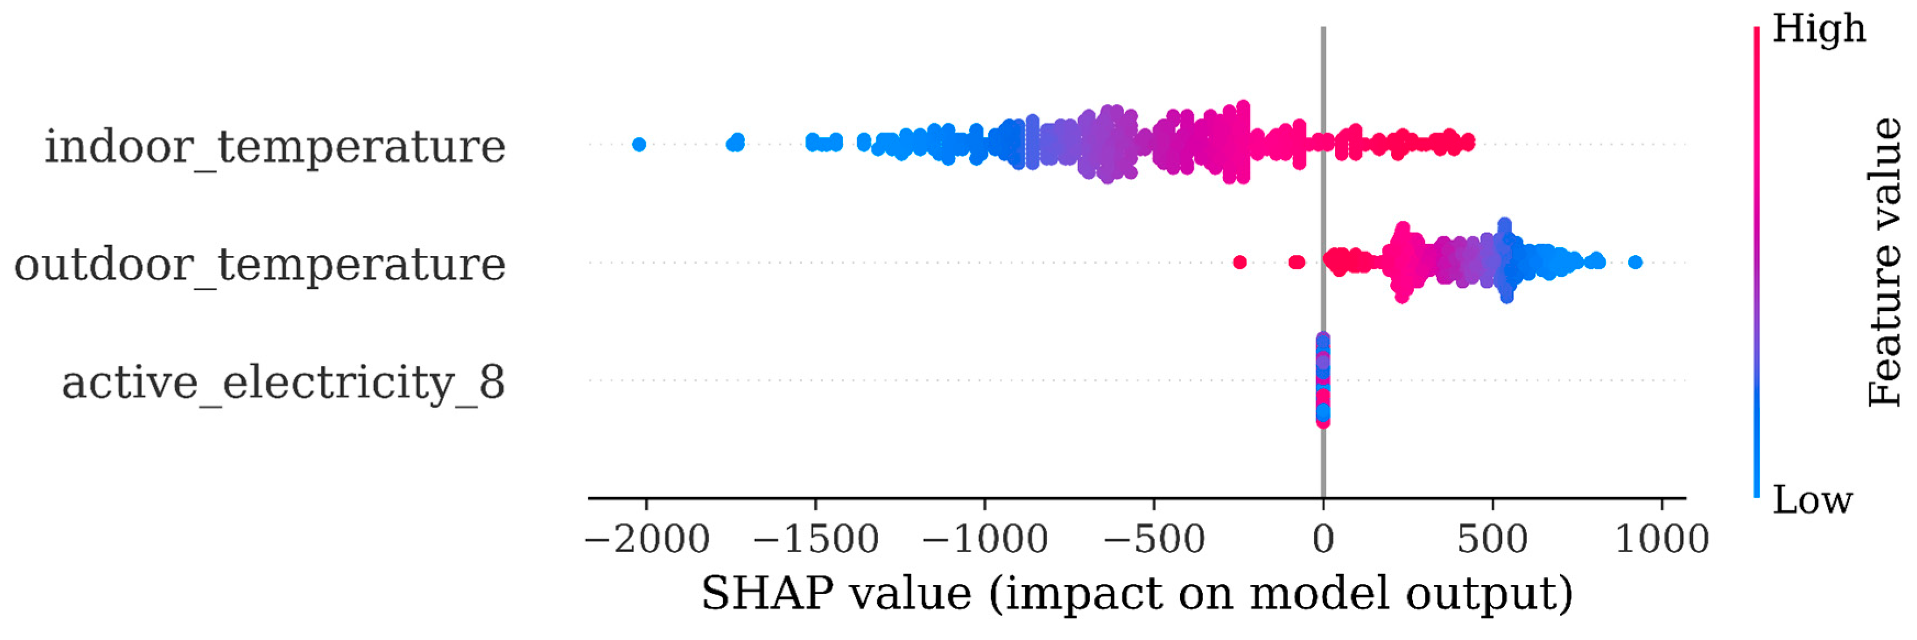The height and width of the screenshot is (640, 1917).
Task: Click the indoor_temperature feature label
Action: pos(275,147)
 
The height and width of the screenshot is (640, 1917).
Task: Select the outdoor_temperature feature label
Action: pos(260,265)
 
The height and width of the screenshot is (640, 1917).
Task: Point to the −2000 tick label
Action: pos(647,539)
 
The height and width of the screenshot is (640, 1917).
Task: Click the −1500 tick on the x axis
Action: pos(817,539)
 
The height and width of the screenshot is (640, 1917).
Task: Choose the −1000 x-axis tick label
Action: pos(985,539)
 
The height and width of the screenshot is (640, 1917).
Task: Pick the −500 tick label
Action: pos(1154,539)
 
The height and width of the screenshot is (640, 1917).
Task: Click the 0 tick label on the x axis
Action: pos(1323,539)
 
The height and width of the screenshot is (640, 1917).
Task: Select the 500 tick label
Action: pos(1492,539)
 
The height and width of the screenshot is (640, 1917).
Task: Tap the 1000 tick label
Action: pos(1662,539)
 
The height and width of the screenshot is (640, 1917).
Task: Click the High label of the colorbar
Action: pos(1819,30)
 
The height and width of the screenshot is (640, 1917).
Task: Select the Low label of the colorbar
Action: pos(1812,500)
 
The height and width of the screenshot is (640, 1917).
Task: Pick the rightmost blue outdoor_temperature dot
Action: pos(1635,262)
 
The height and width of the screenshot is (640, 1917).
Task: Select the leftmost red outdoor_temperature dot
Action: pos(1239,262)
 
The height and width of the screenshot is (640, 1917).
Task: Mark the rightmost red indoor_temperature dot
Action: pos(1467,142)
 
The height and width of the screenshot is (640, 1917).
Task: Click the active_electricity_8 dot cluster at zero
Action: pos(1323,380)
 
